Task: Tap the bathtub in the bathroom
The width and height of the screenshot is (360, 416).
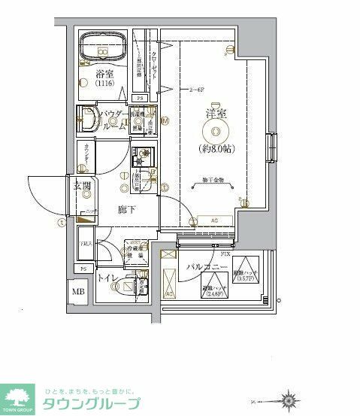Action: click(x=103, y=44)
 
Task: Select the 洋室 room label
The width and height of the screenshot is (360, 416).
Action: click(x=216, y=114)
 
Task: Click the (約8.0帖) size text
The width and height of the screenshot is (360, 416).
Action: click(x=216, y=148)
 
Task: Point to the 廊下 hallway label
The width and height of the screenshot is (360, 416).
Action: click(x=126, y=210)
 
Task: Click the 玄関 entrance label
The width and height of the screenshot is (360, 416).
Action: click(x=82, y=187)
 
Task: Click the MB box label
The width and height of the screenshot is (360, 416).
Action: click(x=78, y=291)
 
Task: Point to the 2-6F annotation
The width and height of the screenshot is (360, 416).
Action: click(x=198, y=90)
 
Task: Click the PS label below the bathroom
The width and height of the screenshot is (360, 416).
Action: click(x=139, y=98)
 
